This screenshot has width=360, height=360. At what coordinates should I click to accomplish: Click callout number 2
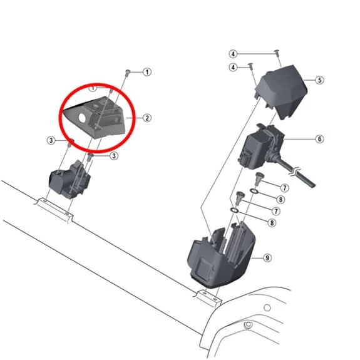[147, 118]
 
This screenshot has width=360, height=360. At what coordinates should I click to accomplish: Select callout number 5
[319, 80]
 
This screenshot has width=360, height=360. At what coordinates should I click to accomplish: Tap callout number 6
[319, 139]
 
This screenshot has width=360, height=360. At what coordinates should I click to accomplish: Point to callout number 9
[267, 258]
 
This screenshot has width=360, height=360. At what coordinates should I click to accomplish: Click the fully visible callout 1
[147, 72]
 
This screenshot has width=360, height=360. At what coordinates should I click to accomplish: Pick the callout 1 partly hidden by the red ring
[93, 88]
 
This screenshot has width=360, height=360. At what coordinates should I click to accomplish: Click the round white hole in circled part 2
[82, 118]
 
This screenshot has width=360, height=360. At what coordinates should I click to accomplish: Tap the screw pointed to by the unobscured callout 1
[128, 73]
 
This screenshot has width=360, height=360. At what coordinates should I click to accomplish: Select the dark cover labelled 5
[282, 92]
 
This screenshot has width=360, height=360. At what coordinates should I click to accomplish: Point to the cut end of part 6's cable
[312, 185]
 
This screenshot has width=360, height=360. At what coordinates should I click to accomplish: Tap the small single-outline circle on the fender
[267, 307]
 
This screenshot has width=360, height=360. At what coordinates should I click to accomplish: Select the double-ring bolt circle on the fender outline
[248, 325]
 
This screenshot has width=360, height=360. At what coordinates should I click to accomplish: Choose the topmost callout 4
[234, 54]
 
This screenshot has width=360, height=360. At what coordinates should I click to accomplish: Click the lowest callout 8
[272, 223]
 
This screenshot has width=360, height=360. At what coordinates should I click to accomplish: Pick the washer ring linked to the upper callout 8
[254, 190]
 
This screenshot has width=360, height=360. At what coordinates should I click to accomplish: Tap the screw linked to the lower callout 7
[240, 197]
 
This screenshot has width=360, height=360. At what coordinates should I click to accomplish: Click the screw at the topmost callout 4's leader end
[277, 53]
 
